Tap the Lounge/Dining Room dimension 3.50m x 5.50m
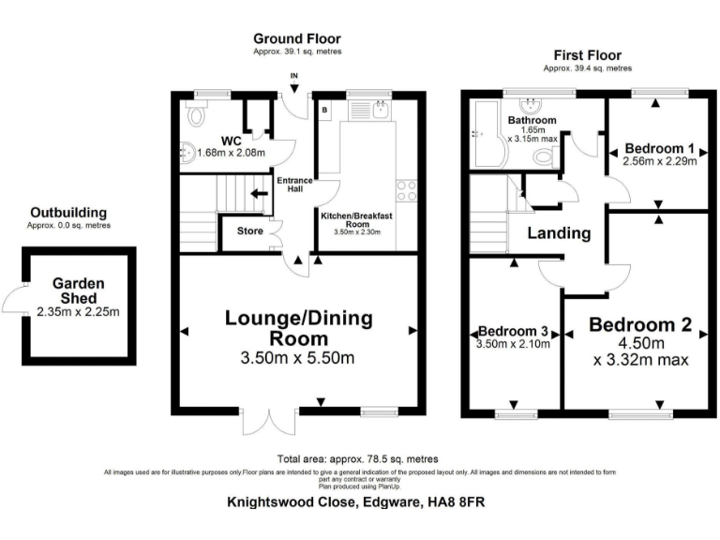297,357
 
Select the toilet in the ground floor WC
195,116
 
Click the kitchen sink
380,110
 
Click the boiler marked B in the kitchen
324,110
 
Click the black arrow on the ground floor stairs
257,195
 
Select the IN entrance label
293,76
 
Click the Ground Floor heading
296,38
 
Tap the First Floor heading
587,55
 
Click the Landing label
558,233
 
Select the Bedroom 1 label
660,148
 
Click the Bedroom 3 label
514,331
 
